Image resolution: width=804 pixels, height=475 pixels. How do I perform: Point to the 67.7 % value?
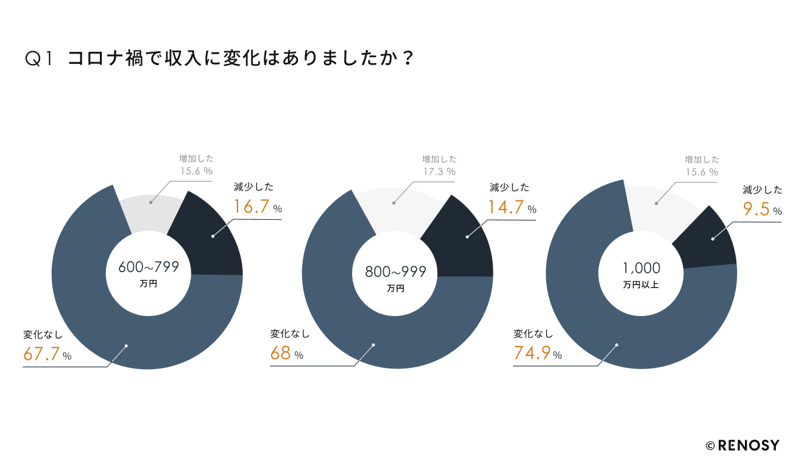point(48,354)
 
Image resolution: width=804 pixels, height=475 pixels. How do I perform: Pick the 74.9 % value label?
point(538,354)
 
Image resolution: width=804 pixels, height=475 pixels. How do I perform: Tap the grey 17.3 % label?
point(439,172)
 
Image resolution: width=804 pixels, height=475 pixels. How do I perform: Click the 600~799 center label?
point(148,267)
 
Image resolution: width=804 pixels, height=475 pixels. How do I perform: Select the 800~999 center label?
point(395,272)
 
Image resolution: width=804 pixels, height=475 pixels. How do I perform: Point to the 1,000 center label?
point(641,268)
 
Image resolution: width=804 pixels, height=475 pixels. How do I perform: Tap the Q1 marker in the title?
point(40,58)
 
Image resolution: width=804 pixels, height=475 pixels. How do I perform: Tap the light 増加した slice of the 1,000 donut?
point(661,210)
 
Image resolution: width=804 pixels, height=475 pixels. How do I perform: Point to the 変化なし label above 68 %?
point(290,334)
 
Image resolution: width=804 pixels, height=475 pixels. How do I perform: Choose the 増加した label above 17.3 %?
point(439,159)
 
